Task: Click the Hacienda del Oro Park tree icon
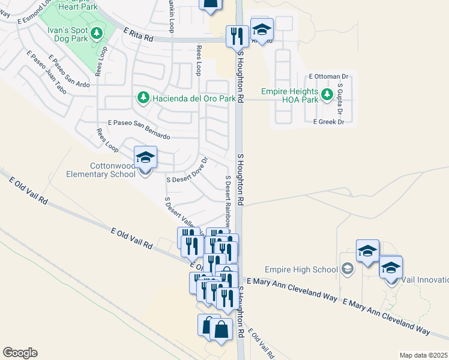[x=143, y=98]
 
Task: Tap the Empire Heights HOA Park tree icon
[x=327, y=94]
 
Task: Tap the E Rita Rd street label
[x=138, y=34]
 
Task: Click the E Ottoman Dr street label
[x=328, y=77]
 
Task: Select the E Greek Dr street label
[x=328, y=122]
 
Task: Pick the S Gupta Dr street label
[x=340, y=100]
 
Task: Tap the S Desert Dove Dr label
[x=187, y=171]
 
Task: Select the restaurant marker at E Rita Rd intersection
[x=237, y=36]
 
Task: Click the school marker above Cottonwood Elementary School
[x=145, y=158]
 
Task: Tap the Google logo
[x=20, y=353]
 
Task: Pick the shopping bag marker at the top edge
[x=211, y=5]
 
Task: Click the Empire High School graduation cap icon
[x=347, y=269]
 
